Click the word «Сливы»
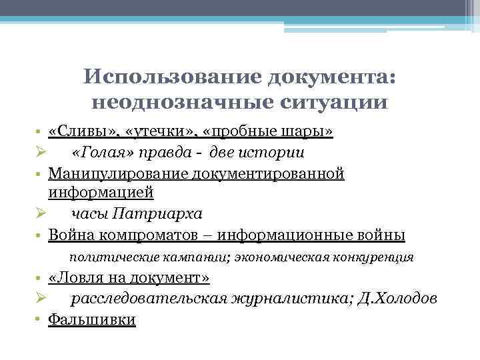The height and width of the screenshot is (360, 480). point(76,131)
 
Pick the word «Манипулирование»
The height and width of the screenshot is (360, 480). point(118,173)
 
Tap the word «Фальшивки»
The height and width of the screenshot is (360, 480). point(92,320)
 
